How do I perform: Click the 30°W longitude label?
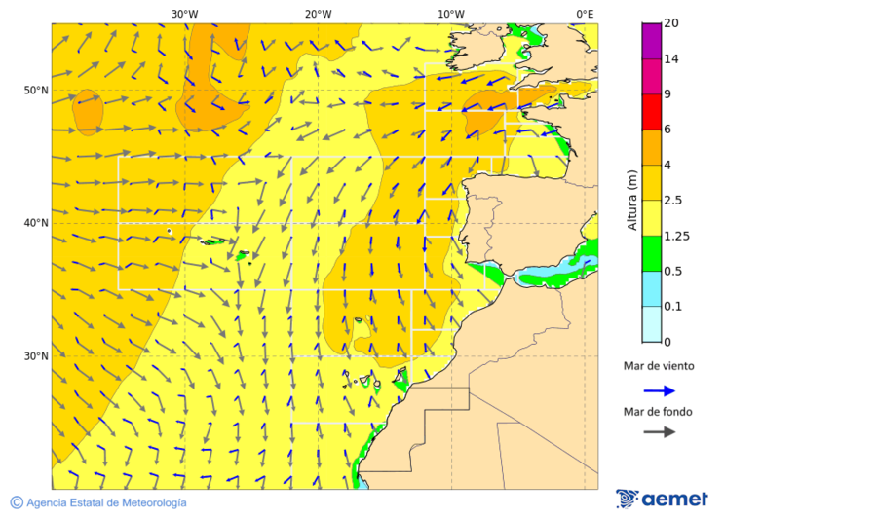pos(184,14)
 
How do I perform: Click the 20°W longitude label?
pos(318,14)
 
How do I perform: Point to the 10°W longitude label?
pos(450,14)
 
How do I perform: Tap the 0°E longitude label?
pos(585,14)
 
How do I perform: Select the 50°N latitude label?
pos(36,91)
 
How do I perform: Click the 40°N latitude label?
pos(36,223)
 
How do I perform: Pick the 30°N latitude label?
pos(36,356)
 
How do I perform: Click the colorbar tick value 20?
pos(670,23)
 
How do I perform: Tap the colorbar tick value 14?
pos(670,58)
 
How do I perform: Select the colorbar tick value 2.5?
pos(672,201)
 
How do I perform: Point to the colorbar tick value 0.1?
pos(672,307)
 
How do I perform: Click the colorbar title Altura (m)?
pos(632,201)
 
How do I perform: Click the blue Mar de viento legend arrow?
pos(659,390)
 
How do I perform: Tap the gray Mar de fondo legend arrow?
pos(659,431)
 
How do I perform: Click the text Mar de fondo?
pos(658,412)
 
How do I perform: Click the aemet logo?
pos(662,499)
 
